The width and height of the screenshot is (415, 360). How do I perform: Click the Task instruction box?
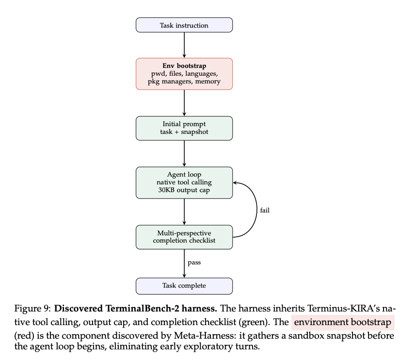tap(184, 25)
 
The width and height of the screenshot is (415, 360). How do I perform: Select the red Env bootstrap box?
tap(184, 74)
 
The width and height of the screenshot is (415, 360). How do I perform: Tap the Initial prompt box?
tap(184, 128)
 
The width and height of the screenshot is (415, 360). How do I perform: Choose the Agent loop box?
tap(184, 182)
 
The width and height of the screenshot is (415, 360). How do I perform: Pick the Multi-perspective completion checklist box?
tap(184, 237)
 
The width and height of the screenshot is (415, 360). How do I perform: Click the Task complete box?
tap(184, 286)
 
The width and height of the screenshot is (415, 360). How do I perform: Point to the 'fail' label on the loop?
tap(265, 210)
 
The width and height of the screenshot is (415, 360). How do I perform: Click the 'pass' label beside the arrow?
tap(194, 262)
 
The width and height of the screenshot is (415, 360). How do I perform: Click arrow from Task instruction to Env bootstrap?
tap(184, 45)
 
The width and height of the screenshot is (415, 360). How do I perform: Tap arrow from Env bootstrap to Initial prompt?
tap(184, 102)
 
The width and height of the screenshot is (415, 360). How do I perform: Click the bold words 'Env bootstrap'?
tap(184, 65)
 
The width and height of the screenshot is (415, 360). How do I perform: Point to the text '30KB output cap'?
tap(184, 191)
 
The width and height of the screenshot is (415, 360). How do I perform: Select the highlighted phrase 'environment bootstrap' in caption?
tap(343, 322)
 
